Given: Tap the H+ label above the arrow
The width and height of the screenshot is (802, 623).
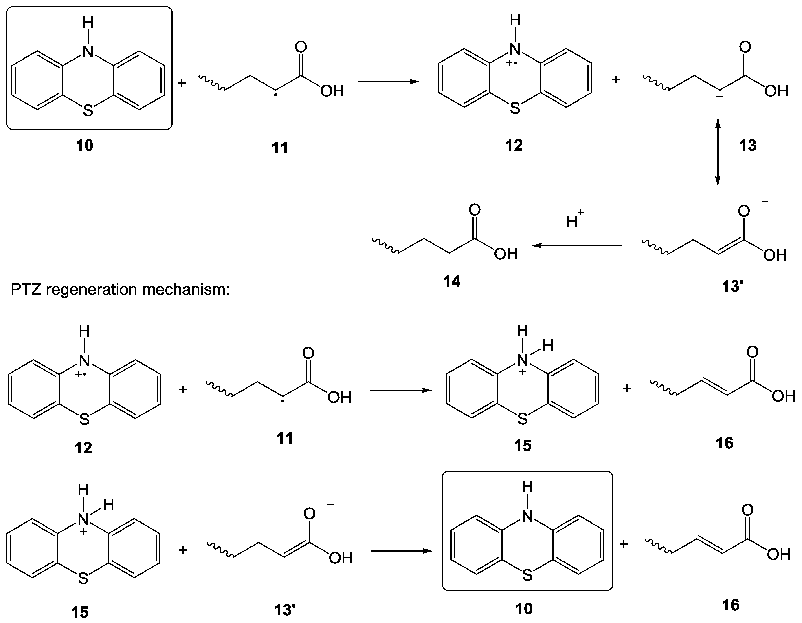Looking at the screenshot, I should [x=575, y=219].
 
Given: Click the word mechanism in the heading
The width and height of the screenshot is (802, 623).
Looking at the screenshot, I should [x=186, y=290].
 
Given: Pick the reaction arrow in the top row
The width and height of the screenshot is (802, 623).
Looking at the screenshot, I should [x=389, y=82].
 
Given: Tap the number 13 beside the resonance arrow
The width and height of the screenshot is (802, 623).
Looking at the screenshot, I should [x=748, y=146].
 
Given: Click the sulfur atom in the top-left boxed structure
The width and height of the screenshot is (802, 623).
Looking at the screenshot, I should [x=88, y=110].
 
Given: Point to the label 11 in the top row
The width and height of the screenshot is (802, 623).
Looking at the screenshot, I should [x=280, y=148].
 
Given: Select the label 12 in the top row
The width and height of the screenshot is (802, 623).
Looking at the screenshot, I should [x=514, y=146].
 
